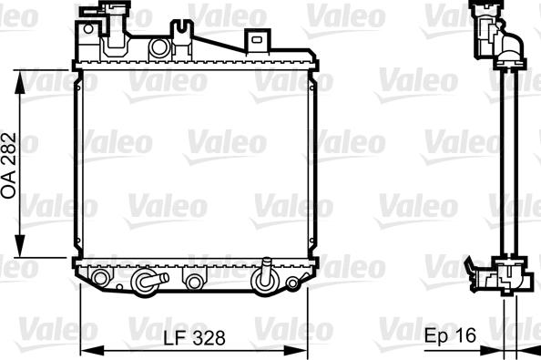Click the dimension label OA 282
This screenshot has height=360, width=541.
click(10, 163)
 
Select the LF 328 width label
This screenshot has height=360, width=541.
click(194, 336)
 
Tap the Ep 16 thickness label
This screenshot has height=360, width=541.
click(450, 336)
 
